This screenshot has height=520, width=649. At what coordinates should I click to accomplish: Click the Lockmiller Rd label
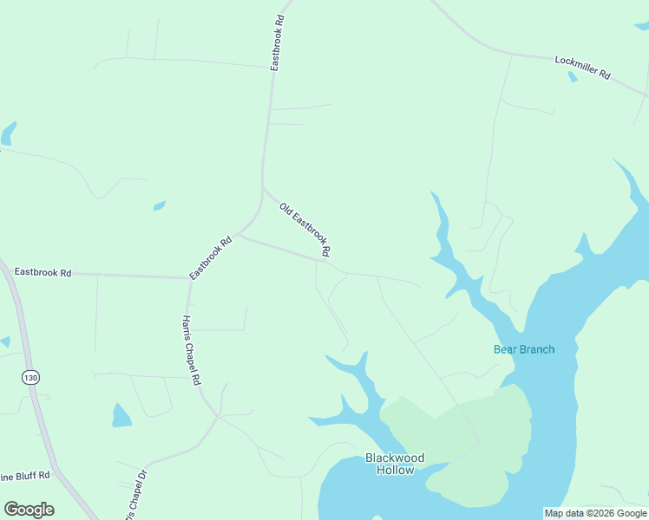pos(582,68)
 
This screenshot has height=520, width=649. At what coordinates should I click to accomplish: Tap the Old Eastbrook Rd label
pos(305,229)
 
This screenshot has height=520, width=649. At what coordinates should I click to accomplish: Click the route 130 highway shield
pos(31,377)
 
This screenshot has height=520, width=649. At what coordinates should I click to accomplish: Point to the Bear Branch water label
pos(524,349)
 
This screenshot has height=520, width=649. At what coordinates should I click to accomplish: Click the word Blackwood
pos(395,458)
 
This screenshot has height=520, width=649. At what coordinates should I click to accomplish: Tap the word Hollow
pos(395,470)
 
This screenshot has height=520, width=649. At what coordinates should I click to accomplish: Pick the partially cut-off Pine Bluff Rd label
pos(24,475)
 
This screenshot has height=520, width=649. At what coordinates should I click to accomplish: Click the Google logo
pos(29,509)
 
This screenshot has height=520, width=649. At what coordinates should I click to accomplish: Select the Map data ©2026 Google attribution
pos(596,513)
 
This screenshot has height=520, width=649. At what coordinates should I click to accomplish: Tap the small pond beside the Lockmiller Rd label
pos(572,76)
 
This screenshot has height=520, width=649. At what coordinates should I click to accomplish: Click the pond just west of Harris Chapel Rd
pos(121,416)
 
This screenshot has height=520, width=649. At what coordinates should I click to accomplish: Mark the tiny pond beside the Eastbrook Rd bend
pos(160,205)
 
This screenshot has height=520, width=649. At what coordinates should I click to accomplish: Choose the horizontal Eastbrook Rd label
pos(43,272)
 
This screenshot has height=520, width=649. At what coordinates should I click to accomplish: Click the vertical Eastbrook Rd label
pos(278,42)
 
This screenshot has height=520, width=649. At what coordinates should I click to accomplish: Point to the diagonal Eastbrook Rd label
pos(212,257)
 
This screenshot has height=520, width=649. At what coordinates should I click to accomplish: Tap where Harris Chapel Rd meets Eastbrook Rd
pos(189,278)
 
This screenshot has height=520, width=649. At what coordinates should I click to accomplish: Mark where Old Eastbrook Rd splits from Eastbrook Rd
pos(263,186)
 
